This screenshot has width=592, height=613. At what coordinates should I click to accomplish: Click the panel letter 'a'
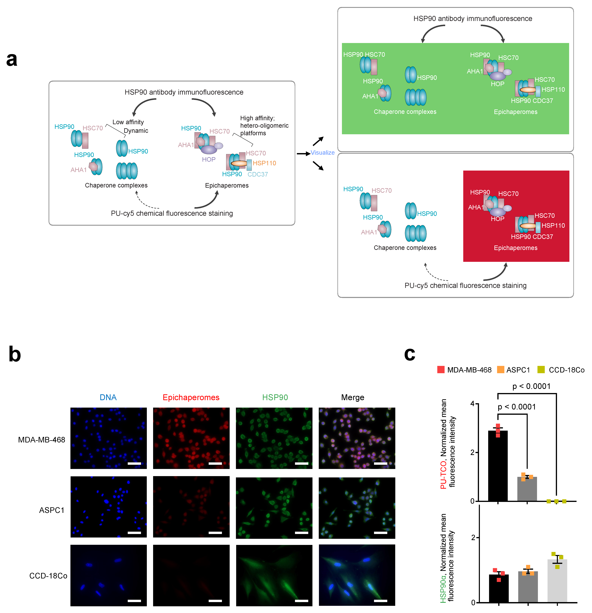(12, 59)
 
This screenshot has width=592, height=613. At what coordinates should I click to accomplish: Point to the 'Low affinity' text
(128, 122)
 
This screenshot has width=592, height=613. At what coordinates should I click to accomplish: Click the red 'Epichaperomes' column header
(191, 398)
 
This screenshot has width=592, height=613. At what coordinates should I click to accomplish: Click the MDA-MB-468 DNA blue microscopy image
(108, 438)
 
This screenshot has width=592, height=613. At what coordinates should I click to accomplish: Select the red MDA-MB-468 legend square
(441, 370)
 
